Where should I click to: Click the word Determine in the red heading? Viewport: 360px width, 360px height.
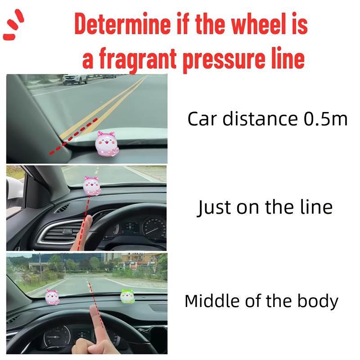(x=122, y=23)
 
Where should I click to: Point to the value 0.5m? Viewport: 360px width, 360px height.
(x=325, y=119)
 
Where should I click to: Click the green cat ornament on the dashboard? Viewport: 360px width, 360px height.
(x=127, y=296)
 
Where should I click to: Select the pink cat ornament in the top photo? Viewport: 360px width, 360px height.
(x=107, y=144)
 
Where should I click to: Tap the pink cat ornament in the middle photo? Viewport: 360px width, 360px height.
(x=92, y=185)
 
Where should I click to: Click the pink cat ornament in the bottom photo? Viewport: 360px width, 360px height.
(x=52, y=297)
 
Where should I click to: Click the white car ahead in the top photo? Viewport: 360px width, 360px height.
(x=75, y=79)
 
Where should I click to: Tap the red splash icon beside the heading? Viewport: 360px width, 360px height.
(x=13, y=25)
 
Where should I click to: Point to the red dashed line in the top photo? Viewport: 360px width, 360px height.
(x=73, y=137)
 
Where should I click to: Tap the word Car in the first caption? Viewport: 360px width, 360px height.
(x=202, y=119)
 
